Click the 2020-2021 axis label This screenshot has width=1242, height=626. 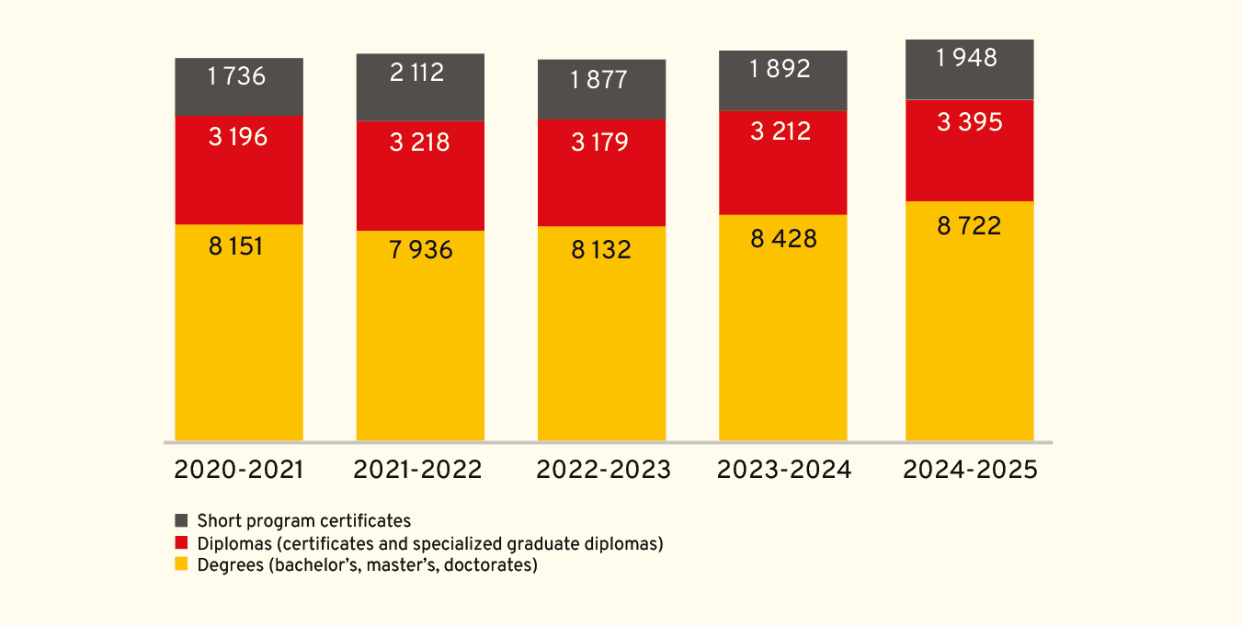click(x=238, y=470)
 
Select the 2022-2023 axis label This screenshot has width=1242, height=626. click(x=603, y=470)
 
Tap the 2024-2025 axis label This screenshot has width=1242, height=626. click(x=970, y=470)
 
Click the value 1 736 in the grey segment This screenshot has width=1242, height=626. click(x=237, y=76)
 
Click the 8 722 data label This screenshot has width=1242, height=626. click(x=969, y=226)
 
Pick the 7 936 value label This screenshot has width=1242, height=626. click(x=421, y=250)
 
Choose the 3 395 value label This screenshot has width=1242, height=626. click(x=969, y=122)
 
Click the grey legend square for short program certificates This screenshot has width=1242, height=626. click(x=181, y=521)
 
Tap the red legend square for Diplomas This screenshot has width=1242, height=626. click(x=181, y=543)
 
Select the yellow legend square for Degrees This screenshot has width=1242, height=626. click(x=181, y=564)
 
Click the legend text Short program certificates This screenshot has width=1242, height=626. click(x=303, y=521)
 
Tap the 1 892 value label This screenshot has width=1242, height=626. click(x=781, y=69)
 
